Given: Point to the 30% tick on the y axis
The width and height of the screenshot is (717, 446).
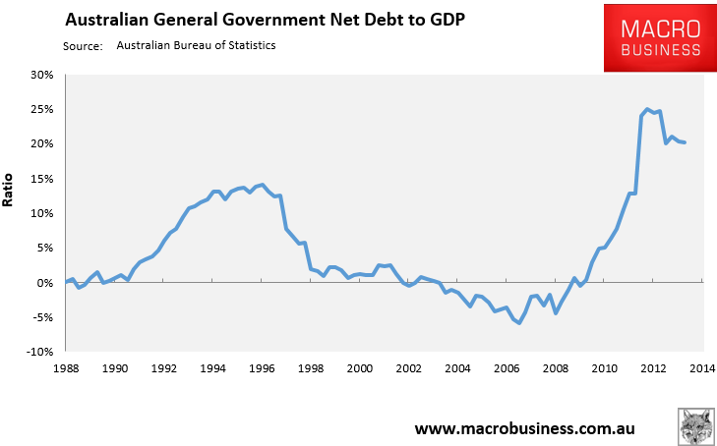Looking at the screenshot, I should (x=41, y=75).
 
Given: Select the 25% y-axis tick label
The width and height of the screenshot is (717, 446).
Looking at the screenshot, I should (x=41, y=109).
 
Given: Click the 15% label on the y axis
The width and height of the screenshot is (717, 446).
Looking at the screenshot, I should (x=41, y=179).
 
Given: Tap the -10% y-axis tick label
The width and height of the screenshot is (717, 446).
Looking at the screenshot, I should (x=39, y=352).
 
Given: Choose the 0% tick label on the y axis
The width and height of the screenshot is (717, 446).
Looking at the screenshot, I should (x=45, y=283).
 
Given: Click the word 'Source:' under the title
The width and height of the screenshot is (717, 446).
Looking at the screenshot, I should (x=83, y=45).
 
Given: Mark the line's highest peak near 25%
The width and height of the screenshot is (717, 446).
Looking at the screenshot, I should (x=647, y=109).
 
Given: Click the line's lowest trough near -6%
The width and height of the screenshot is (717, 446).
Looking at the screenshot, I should (x=518, y=323).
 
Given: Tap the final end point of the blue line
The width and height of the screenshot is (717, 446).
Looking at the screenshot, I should (x=685, y=142).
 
